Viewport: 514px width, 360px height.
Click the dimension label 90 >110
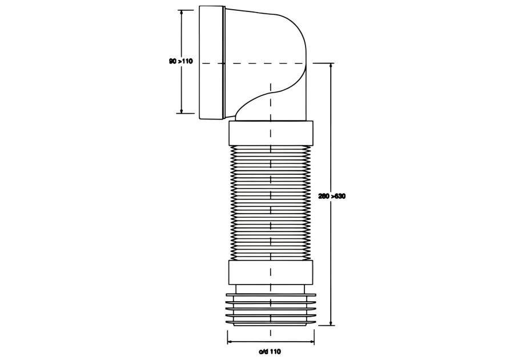(x=180, y=61)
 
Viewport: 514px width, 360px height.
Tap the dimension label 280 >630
(x=332, y=197)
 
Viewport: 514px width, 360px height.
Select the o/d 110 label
(x=270, y=352)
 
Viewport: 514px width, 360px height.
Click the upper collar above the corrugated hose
(x=271, y=133)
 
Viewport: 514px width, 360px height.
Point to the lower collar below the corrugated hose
(x=271, y=273)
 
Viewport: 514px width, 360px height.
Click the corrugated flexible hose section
(x=271, y=203)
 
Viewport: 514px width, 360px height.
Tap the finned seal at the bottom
(x=271, y=310)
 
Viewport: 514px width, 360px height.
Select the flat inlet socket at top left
(x=212, y=63)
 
